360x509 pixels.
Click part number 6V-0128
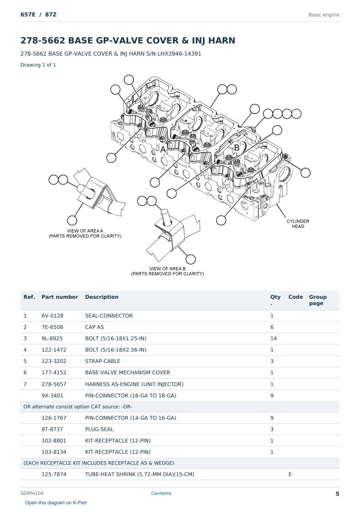(x=52, y=316)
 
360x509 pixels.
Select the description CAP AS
(x=94, y=327)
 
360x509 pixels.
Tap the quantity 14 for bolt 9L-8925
(x=274, y=338)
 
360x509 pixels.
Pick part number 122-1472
(x=54, y=350)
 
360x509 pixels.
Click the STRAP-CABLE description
(x=103, y=361)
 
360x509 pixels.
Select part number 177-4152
(x=54, y=372)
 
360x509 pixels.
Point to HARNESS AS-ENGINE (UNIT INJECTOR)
(x=134, y=384)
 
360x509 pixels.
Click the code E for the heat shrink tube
(x=290, y=474)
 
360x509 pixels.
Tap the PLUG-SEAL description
(x=99, y=429)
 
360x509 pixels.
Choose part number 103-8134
(x=54, y=452)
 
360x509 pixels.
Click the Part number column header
(x=60, y=297)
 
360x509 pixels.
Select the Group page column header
(x=318, y=300)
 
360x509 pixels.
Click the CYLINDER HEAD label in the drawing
(x=298, y=224)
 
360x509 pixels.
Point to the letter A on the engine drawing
(x=163, y=150)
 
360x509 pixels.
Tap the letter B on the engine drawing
(x=237, y=148)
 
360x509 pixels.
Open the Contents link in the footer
(x=161, y=493)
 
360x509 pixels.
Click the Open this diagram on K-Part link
(x=56, y=503)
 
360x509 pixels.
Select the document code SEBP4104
(x=32, y=493)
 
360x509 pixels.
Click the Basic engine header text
(x=324, y=15)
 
